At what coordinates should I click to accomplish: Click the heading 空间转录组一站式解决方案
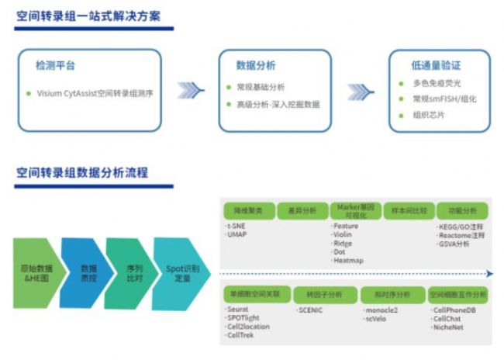tap(94, 16)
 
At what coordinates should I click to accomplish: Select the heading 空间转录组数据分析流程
tap(81, 171)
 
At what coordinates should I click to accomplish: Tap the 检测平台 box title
tap(56, 66)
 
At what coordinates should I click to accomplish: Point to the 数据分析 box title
tap(256, 66)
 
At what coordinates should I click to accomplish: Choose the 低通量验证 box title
tap(440, 65)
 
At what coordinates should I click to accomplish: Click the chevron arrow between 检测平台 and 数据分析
tap(190, 91)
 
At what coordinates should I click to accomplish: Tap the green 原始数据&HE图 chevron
tap(36, 273)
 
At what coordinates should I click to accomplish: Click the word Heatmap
tap(347, 260)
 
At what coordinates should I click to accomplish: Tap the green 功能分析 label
tap(461, 210)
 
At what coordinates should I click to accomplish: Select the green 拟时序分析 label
tap(392, 295)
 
